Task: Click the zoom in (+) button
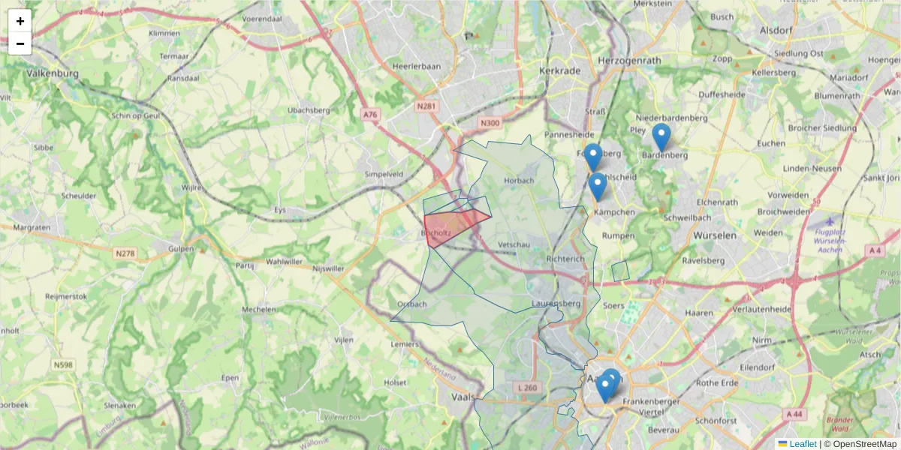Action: click(20, 21)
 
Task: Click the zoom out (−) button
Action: click(20, 43)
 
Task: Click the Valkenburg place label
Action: click(52, 73)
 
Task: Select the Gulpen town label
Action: click(181, 248)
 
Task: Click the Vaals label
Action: click(464, 397)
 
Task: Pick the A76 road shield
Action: click(370, 115)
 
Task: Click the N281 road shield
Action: click(426, 107)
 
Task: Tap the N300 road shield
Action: click(490, 123)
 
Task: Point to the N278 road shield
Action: click(125, 253)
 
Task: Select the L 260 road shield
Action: click(528, 388)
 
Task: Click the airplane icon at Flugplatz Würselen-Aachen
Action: click(829, 221)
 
